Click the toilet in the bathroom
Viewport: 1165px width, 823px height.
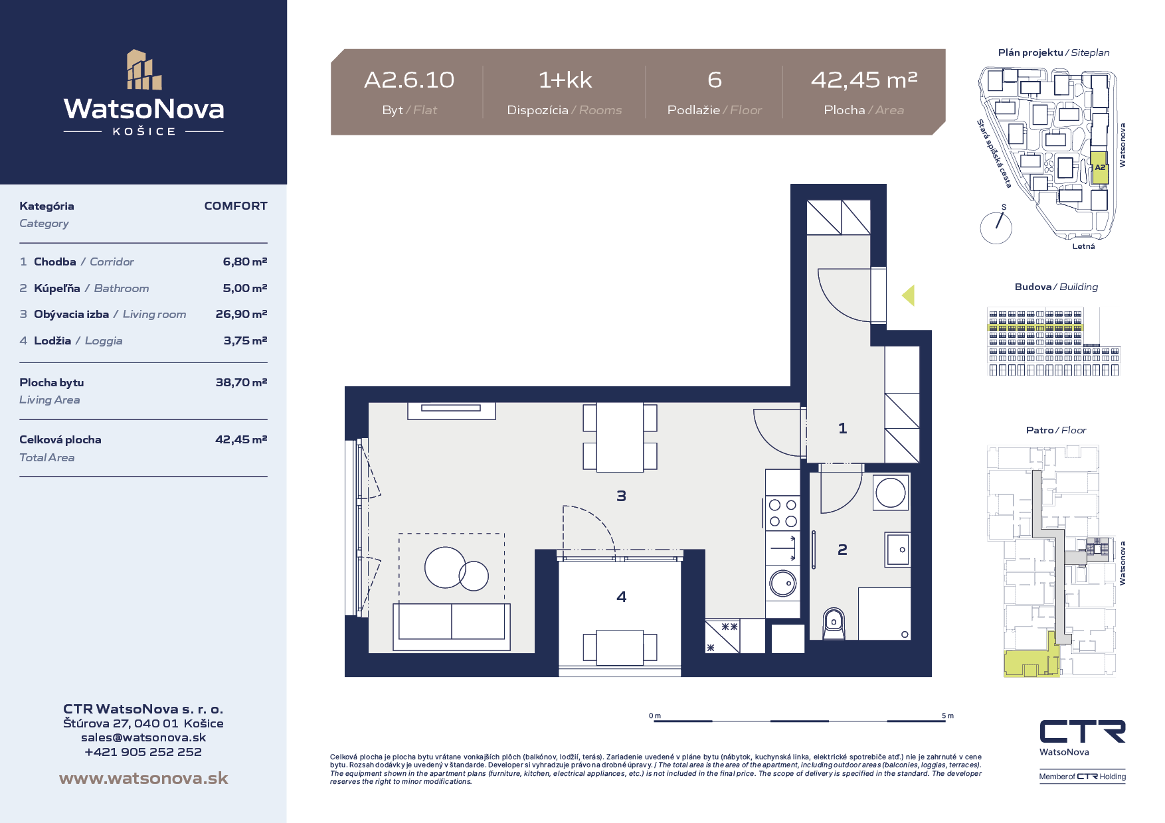(834, 624)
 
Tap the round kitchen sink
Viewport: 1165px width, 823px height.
(783, 583)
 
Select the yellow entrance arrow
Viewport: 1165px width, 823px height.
(908, 295)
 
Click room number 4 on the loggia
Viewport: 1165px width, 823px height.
(622, 597)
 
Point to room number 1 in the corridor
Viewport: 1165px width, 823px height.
(843, 428)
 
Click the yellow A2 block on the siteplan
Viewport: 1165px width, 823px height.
(1100, 168)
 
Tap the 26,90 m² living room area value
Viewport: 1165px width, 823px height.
(241, 314)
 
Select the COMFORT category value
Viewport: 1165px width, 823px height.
(236, 206)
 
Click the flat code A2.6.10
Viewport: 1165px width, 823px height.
(409, 80)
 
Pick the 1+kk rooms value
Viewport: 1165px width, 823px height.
(565, 80)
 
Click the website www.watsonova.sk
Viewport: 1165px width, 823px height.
(143, 778)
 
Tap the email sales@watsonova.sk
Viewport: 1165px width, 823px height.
(143, 737)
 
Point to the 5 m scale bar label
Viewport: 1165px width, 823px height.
(948, 715)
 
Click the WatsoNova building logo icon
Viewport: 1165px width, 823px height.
(144, 69)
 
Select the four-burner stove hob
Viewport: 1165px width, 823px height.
(783, 513)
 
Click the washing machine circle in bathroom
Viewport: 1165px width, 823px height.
(891, 492)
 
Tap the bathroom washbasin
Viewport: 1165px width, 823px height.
(897, 550)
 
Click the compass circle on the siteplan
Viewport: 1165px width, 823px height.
(996, 228)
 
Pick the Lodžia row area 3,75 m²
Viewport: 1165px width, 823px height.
(245, 340)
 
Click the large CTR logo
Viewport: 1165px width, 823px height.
(1083, 731)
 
